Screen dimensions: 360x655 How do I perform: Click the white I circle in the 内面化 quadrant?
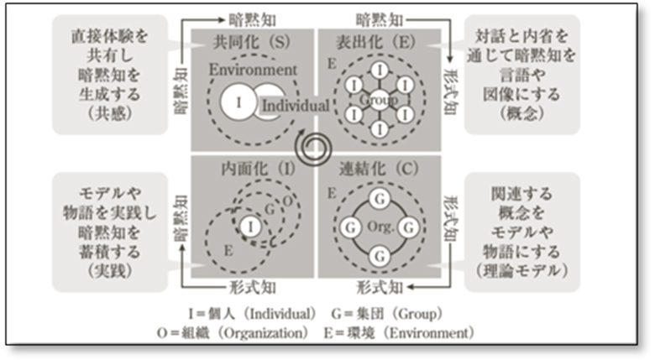click(x=249, y=225)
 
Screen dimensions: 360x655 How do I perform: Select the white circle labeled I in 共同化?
click(x=238, y=102)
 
